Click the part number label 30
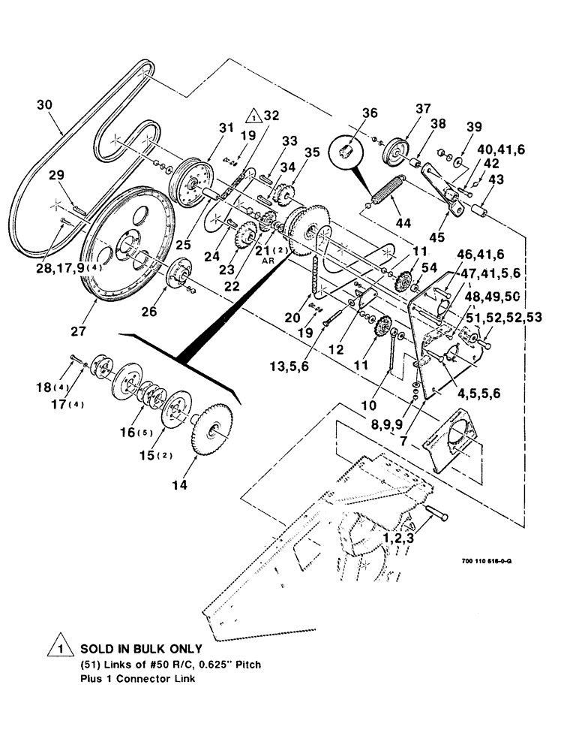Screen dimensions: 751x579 (46, 106)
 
